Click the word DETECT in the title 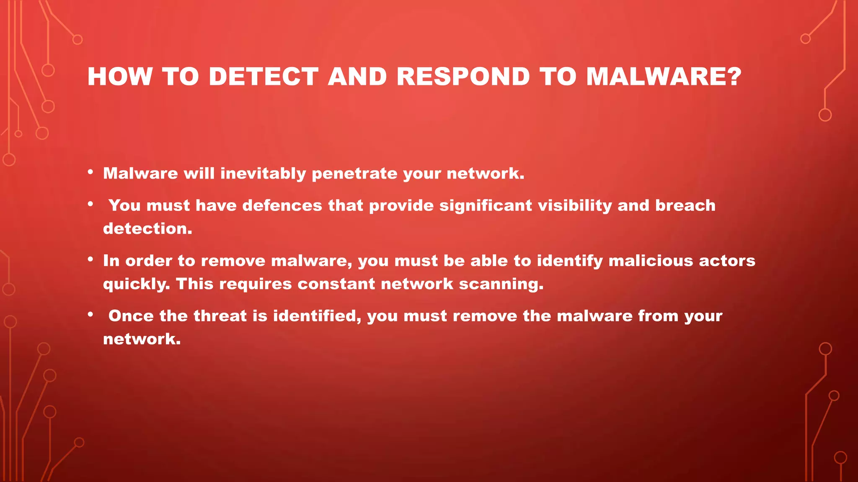264,77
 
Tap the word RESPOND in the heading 463,77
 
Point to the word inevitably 263,174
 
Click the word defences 282,205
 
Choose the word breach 685,205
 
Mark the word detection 147,228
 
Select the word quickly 137,284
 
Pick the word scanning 501,284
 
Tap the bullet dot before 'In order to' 90,259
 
